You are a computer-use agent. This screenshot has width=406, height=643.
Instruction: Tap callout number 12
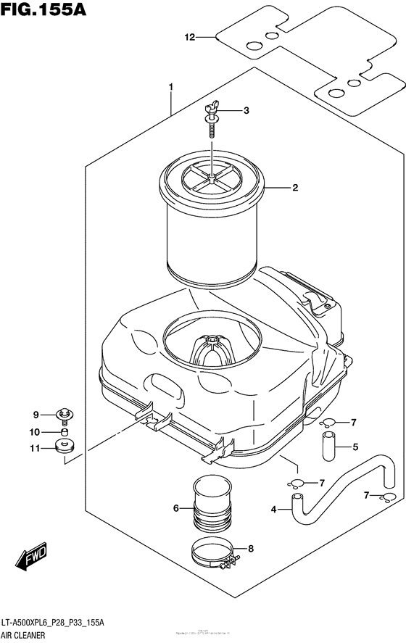(191, 37)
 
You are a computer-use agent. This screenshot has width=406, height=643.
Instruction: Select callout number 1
(170, 88)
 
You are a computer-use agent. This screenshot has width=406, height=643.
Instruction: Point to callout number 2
(295, 188)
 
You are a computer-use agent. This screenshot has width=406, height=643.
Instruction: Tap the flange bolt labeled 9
(67, 415)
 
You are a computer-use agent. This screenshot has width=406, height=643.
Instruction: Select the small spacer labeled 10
(65, 433)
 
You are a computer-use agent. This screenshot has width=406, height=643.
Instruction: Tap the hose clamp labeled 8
(215, 554)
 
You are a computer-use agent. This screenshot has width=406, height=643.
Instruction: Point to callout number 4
(274, 510)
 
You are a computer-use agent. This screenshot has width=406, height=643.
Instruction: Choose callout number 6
(175, 508)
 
